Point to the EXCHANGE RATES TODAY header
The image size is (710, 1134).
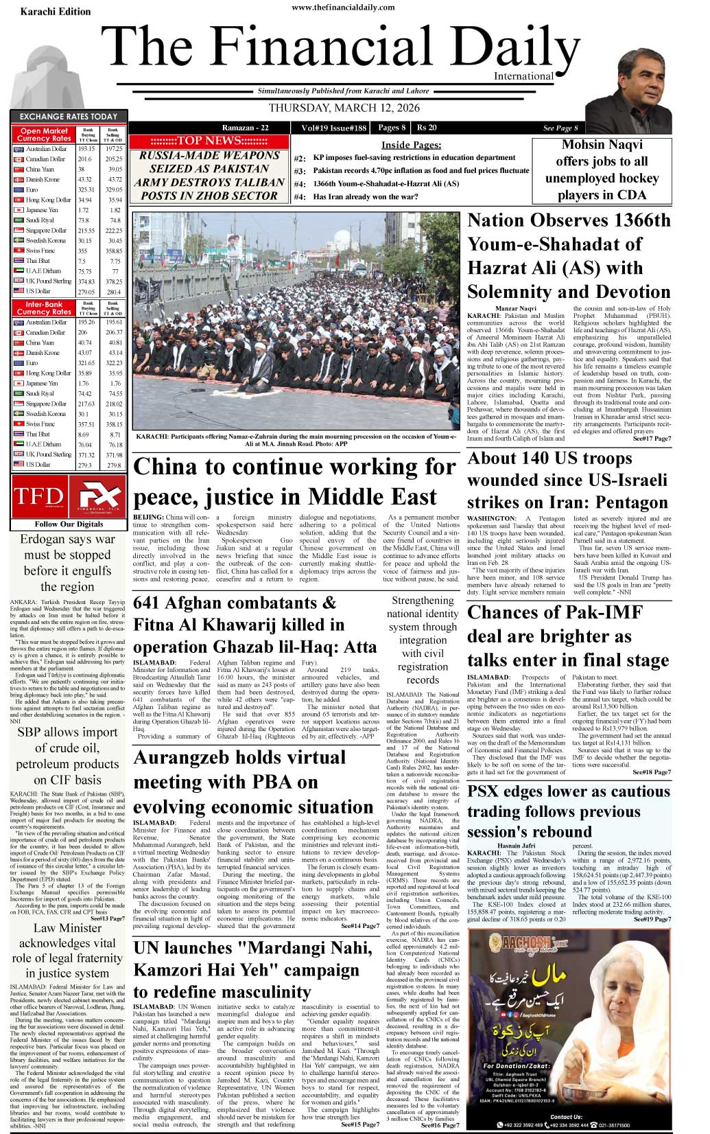click(69, 117)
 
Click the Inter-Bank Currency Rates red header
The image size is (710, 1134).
click(44, 308)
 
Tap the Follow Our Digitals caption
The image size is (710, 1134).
click(69, 524)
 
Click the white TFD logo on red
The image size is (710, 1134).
click(38, 496)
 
